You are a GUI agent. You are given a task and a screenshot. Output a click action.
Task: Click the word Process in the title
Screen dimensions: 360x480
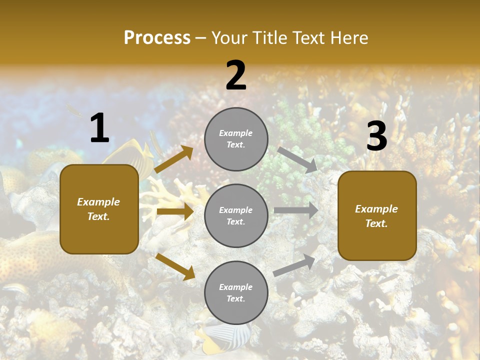click(x=157, y=38)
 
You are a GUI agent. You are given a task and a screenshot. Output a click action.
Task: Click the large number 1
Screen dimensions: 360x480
click(x=99, y=128)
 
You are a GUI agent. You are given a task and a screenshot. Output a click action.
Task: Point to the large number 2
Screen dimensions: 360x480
click(x=236, y=75)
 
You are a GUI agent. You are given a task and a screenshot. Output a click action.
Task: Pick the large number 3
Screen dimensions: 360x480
click(x=376, y=136)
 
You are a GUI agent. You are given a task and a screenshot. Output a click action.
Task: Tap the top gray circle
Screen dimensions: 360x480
click(x=236, y=139)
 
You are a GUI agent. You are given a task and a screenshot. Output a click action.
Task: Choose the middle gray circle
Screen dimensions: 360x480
click(x=236, y=215)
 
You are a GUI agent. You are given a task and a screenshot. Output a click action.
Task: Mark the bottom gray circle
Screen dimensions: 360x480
click(x=236, y=292)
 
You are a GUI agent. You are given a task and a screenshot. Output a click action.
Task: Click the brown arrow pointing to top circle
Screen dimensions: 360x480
click(x=174, y=159)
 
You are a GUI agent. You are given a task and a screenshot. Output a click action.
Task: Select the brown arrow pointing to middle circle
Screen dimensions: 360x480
click(x=175, y=211)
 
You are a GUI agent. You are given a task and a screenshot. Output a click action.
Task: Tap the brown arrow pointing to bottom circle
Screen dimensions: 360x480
click(x=175, y=266)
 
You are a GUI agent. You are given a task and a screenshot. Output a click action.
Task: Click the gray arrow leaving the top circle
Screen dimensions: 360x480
click(x=297, y=159)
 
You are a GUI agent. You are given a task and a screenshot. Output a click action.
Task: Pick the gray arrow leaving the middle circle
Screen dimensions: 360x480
click(x=296, y=210)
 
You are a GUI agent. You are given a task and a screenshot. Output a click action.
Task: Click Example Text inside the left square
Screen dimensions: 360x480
click(x=99, y=209)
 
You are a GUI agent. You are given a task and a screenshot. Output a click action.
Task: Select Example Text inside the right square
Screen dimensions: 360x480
click(x=377, y=216)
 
